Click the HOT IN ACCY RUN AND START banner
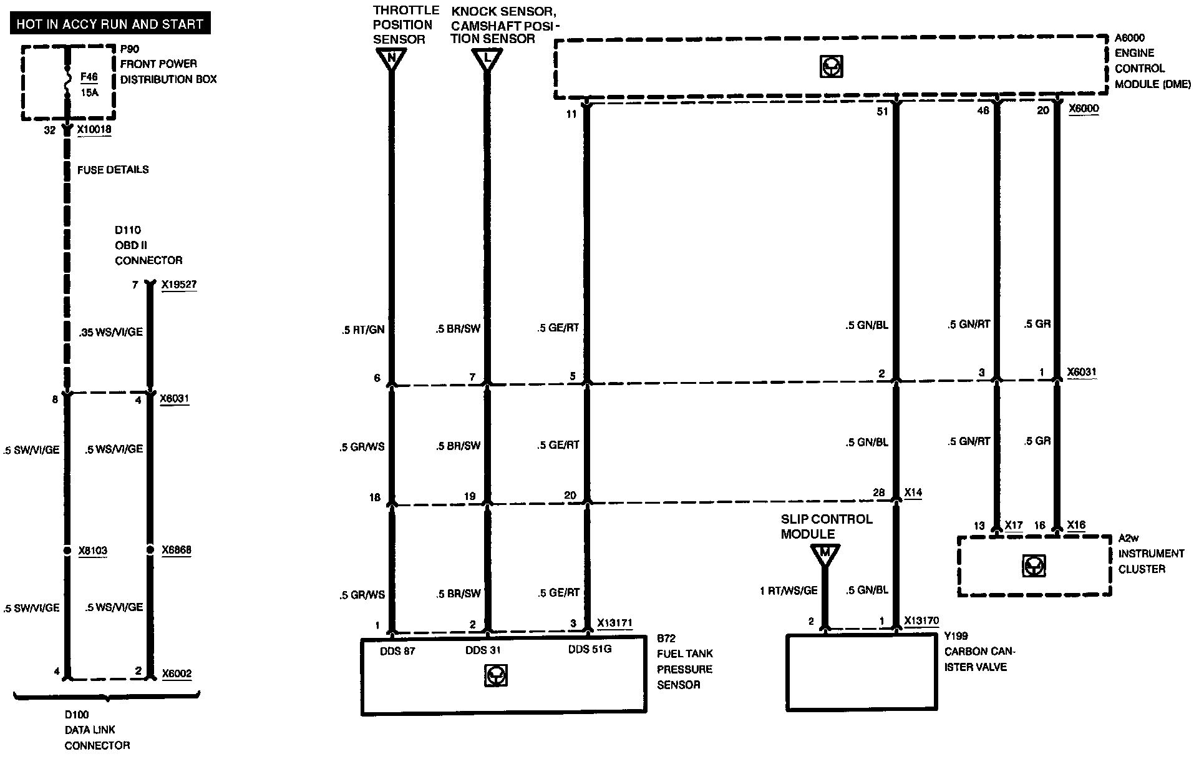pos(110,24)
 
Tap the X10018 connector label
pos(94,130)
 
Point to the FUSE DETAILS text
pos(113,169)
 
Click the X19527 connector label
pos(179,285)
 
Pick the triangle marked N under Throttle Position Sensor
pos(392,60)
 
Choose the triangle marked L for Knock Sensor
pos(487,60)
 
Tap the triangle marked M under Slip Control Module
pos(825,554)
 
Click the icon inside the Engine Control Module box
pos(831,67)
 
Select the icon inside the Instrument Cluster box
pos(1034,566)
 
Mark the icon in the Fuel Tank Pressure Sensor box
pos(495,675)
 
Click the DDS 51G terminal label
pos(590,650)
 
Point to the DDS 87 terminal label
pos(397,651)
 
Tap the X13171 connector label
pos(614,622)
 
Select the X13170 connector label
pos(921,621)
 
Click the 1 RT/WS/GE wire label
pos(788,590)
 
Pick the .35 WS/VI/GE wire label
pos(111,332)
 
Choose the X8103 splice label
pos(93,551)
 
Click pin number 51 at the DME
pos(881,111)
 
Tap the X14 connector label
pos(913,492)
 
